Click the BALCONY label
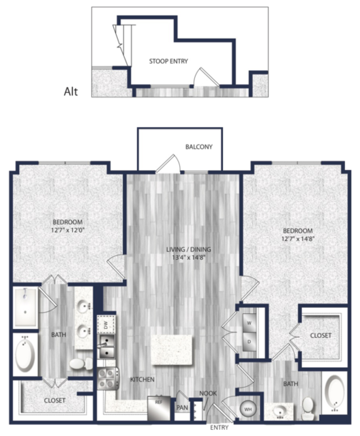199,147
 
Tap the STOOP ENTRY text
168,61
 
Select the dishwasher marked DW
106,325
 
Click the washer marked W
249,323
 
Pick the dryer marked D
249,341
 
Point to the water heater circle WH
247,409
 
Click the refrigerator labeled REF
159,407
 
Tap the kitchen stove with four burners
108,379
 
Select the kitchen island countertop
172,349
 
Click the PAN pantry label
182,407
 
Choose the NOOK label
208,394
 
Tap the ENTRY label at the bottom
219,427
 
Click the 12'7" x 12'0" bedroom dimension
67,230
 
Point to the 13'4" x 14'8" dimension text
188,257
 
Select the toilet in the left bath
81,364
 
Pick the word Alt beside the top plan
71,91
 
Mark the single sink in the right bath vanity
279,411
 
